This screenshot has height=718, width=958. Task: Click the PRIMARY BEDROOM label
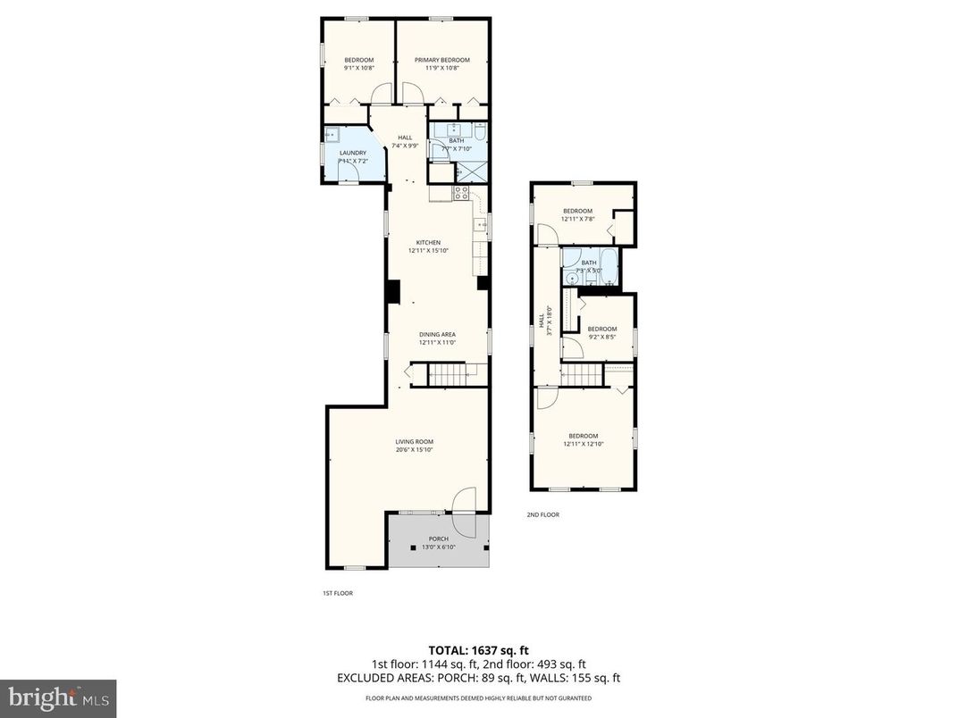click(441, 60)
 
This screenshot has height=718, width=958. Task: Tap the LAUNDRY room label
click(352, 153)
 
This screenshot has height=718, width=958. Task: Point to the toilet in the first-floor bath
click(480, 134)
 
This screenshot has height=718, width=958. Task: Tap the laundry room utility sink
click(331, 136)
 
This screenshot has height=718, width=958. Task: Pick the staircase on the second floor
click(583, 374)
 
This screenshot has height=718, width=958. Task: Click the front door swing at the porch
click(466, 505)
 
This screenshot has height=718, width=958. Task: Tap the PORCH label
click(438, 538)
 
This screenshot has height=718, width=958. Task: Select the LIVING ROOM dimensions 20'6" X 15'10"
click(414, 450)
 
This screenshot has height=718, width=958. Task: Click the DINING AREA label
click(438, 335)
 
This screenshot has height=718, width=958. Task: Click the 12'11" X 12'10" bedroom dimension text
click(584, 444)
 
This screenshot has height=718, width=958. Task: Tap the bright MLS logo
click(58, 695)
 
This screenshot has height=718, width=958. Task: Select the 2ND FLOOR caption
click(542, 514)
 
